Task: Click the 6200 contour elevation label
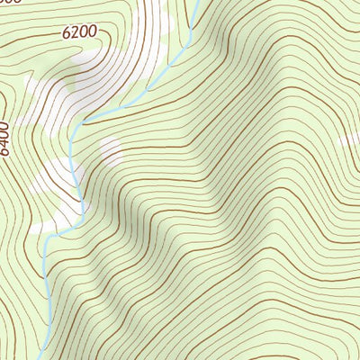coord(79,32)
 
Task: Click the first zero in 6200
coord(83,31)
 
